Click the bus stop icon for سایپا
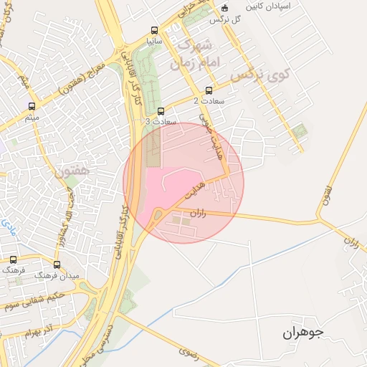pos(154,30)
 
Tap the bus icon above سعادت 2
pos(209,91)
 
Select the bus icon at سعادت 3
pos(161,111)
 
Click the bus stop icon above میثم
pos(30,105)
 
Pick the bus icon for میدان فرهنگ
pos(57,264)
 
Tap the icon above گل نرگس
pos(224,9)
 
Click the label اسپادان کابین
pos(270,6)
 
